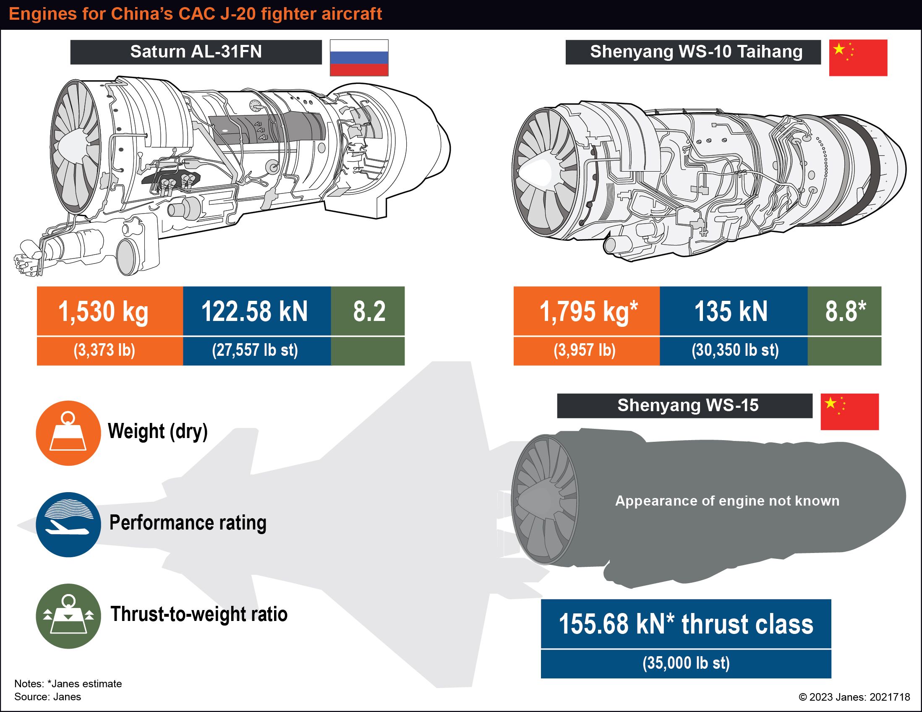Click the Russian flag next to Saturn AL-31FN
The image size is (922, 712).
click(359, 58)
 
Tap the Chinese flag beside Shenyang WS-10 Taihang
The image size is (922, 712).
click(858, 58)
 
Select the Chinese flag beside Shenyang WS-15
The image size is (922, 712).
click(849, 412)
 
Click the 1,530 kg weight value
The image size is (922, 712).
click(103, 311)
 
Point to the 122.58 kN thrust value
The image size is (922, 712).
click(255, 311)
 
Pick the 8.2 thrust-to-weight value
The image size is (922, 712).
click(369, 311)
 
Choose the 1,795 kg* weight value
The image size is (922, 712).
click(588, 311)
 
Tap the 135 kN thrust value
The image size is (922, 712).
click(731, 311)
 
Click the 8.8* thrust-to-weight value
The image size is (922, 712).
click(846, 310)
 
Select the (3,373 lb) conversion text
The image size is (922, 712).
click(104, 350)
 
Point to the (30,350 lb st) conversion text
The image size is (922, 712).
click(735, 350)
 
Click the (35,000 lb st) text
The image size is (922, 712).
click(686, 662)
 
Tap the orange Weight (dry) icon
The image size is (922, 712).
click(68, 433)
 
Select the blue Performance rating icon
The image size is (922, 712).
click(68, 524)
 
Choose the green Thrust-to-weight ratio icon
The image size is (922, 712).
click(68, 616)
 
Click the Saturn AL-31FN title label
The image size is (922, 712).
click(196, 52)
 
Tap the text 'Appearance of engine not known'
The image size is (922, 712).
click(727, 501)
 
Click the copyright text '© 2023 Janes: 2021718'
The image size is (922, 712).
click(854, 697)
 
